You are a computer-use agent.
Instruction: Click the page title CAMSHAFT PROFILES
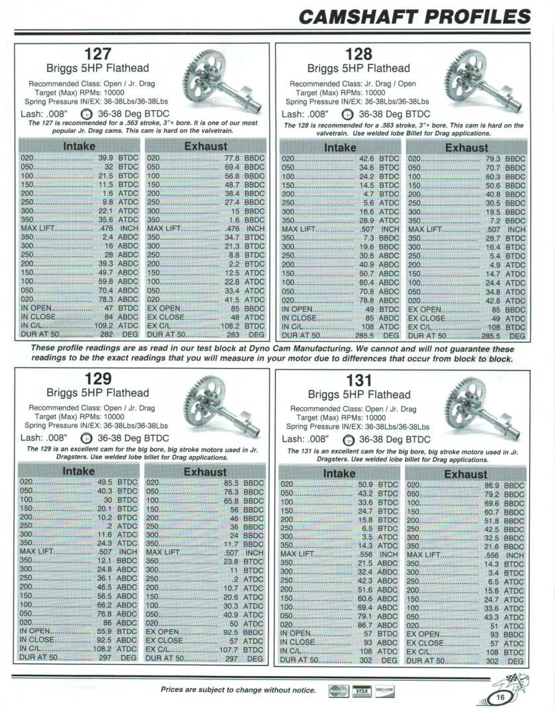[415, 17]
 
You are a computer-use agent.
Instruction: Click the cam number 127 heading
[98, 54]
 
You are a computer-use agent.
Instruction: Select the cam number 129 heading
[98, 379]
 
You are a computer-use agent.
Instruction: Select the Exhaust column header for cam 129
[204, 471]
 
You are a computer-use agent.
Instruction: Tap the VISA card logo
[361, 691]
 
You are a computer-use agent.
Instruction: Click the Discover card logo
[385, 691]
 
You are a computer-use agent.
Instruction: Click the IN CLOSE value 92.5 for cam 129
[103, 640]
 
